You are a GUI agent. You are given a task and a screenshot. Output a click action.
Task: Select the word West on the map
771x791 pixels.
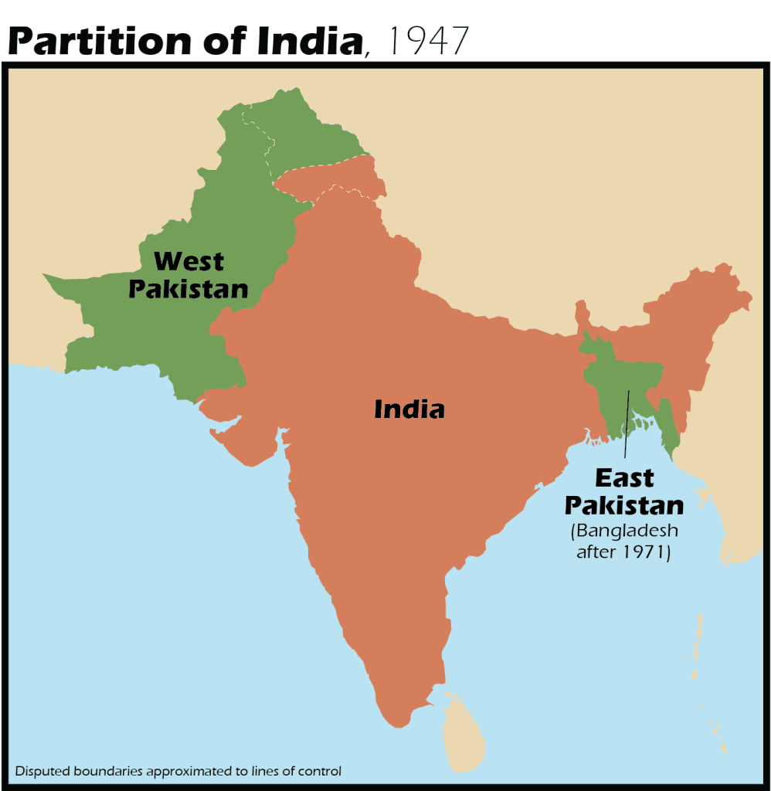point(189,261)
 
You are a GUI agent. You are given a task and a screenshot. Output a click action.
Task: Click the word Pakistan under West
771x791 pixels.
point(188,289)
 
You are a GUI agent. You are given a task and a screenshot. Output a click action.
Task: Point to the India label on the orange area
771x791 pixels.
point(409,409)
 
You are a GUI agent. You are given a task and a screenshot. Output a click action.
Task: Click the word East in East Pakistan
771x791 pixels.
point(624,478)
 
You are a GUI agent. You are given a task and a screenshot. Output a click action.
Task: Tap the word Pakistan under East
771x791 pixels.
point(624,505)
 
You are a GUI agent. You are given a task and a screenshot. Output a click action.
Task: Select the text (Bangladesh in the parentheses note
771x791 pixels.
point(624,531)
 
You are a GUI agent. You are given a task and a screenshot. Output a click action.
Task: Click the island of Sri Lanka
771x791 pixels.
point(464,734)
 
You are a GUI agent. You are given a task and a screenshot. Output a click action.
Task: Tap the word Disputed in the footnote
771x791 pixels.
point(39,770)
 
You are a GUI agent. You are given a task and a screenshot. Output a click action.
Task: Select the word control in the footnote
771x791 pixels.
point(318,770)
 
